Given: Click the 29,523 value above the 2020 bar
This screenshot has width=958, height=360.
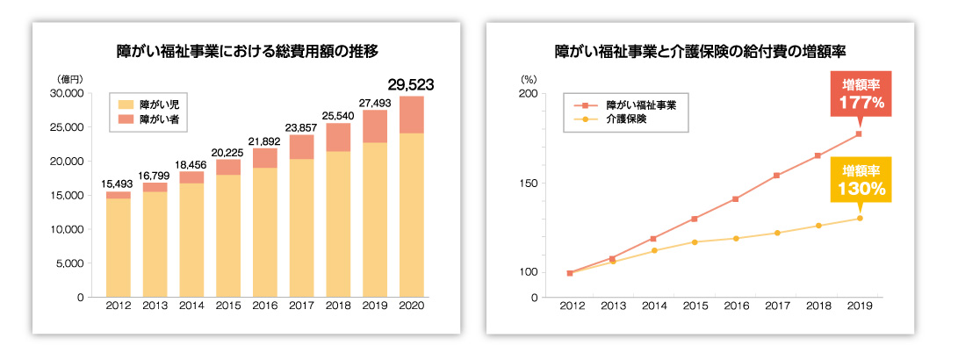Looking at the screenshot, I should [410, 84].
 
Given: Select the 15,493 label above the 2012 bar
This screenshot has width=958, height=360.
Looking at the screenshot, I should [119, 183].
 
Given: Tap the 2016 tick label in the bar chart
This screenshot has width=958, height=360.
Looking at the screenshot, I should [264, 306].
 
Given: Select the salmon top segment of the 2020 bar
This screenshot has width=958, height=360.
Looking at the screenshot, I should [411, 114].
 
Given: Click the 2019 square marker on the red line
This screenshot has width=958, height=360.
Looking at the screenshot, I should [859, 134].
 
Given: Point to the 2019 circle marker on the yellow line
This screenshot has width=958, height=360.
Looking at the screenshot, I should [859, 219].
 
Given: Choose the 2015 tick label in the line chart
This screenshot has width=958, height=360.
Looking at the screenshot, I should [695, 306].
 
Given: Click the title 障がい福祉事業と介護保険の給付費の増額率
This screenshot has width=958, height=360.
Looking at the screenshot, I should [700, 51].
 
